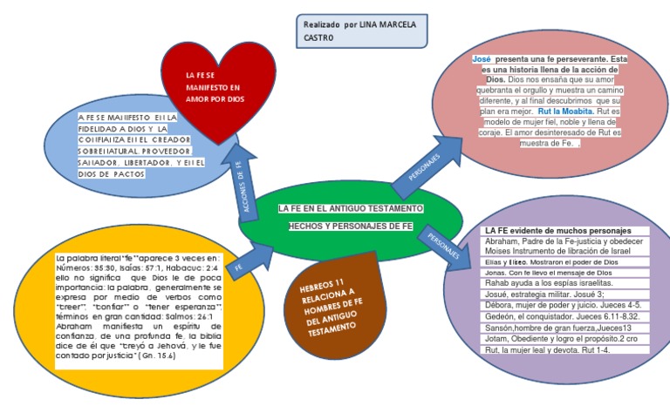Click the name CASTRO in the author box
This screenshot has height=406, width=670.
(318, 38)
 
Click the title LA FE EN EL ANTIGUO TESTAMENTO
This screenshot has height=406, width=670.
(351, 209)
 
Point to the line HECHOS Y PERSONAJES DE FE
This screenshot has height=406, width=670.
(351, 226)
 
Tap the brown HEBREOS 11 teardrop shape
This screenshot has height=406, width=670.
(331, 304)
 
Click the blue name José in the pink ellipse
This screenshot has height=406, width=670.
(482, 58)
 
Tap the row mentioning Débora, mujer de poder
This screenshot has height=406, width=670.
(563, 305)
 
